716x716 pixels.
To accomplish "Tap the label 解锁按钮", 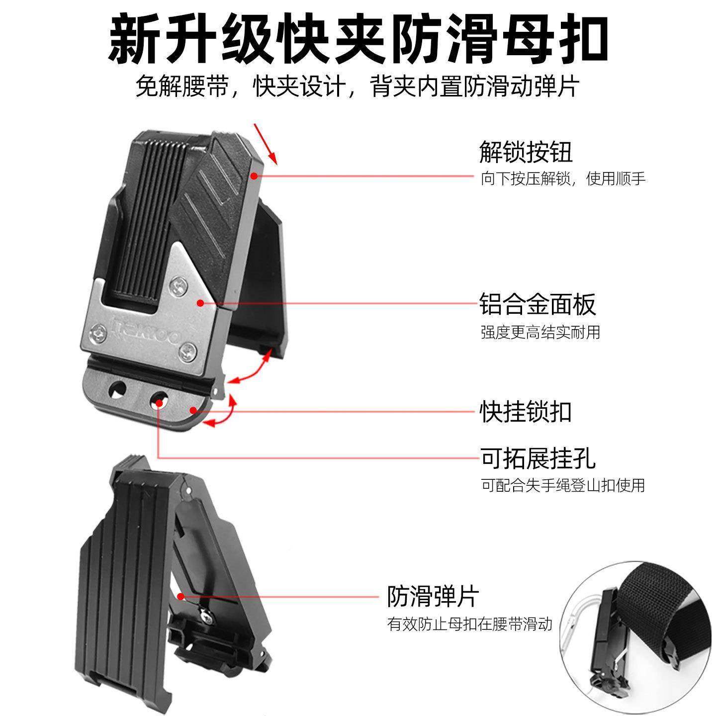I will point(526,152).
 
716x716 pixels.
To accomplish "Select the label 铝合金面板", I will point(537,304).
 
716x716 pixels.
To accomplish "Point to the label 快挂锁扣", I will point(526,411).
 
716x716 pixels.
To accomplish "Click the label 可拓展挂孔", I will point(537,458).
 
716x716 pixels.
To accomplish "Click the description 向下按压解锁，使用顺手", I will point(562,179).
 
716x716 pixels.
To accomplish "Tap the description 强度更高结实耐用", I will point(540,332).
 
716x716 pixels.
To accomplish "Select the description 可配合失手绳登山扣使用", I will point(562,485).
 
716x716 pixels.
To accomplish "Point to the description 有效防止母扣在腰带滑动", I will point(470,624).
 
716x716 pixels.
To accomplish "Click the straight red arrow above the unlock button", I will point(267,143).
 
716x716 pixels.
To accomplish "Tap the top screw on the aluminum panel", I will point(178,285).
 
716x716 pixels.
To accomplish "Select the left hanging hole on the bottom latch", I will point(118,390).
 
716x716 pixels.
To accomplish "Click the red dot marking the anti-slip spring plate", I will point(180,596).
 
